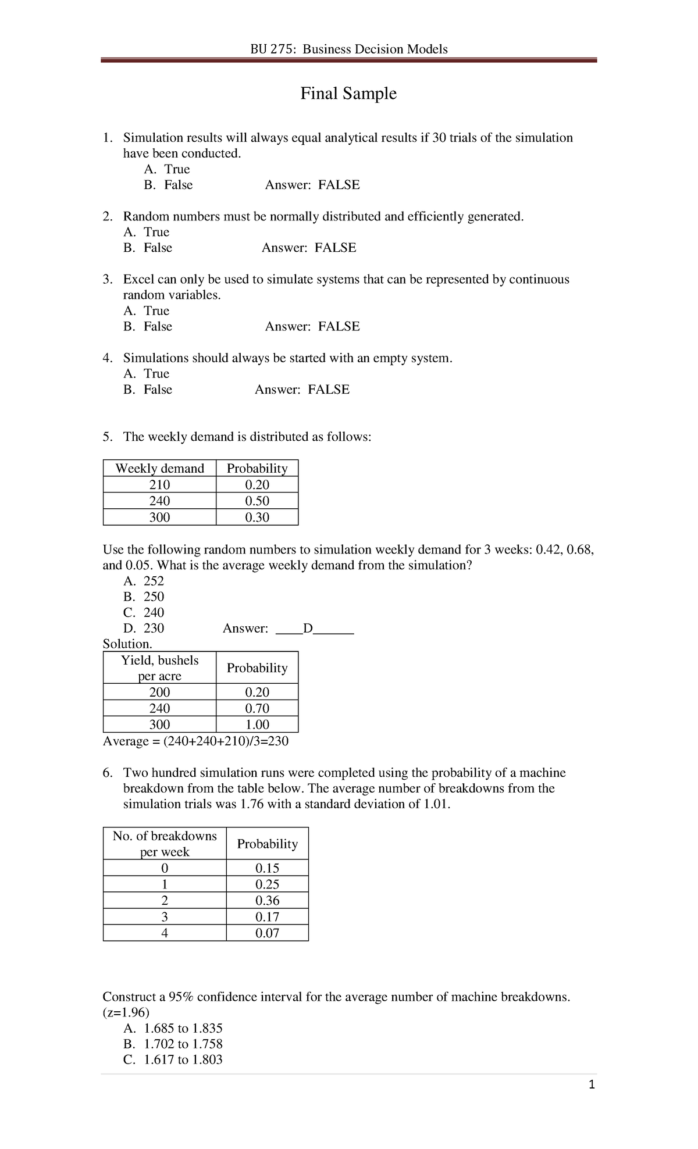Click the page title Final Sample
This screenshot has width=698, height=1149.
[x=348, y=94]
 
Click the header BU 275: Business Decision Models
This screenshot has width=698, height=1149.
[x=348, y=49]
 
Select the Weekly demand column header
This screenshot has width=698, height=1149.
[x=159, y=468]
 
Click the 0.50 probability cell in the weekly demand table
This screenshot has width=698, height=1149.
[x=257, y=501]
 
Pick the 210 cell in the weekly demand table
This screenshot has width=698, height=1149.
[x=159, y=484]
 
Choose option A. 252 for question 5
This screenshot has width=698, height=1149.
[x=144, y=581]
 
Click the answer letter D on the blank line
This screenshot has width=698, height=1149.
[x=308, y=628]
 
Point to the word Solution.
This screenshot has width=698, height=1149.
[x=127, y=644]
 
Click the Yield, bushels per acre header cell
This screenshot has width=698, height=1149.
[x=159, y=668]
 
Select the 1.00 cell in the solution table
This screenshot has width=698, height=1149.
[x=257, y=725]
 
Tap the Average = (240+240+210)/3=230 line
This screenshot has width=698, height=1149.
[x=195, y=741]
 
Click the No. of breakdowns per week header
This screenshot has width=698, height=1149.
[x=165, y=843]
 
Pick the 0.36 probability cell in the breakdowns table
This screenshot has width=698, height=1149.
[x=267, y=900]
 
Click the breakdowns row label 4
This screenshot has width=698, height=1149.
[x=165, y=933]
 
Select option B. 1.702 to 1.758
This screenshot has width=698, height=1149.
[x=173, y=1044]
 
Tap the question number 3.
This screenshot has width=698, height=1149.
[x=107, y=279]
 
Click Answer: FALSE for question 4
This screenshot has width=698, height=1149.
[x=302, y=389]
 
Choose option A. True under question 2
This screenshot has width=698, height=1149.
[x=147, y=232]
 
